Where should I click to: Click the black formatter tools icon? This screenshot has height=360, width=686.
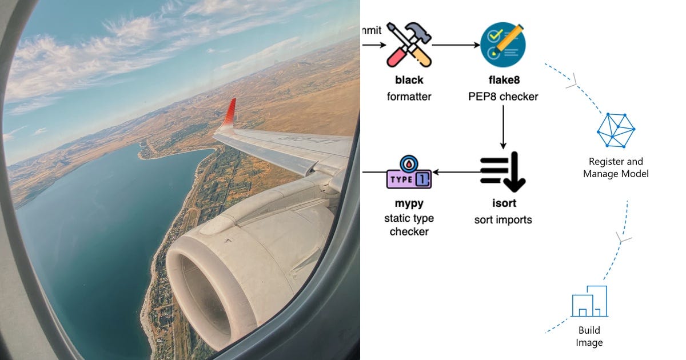pos(408,44)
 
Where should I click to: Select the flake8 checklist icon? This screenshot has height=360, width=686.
pos(502,44)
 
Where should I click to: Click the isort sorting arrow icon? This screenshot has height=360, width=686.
pos(502,171)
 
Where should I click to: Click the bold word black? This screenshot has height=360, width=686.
pos(409,80)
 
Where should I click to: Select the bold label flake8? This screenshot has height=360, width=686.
pos(502,80)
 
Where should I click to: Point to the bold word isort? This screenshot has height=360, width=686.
pos(502,203)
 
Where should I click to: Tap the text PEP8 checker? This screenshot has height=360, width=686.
pos(502,97)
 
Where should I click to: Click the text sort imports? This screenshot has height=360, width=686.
pos(502,220)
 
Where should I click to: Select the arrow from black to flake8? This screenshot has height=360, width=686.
pos(455,45)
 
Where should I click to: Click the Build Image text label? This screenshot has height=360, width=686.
pos(589,337)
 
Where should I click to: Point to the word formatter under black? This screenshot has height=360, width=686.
pos(409,97)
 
